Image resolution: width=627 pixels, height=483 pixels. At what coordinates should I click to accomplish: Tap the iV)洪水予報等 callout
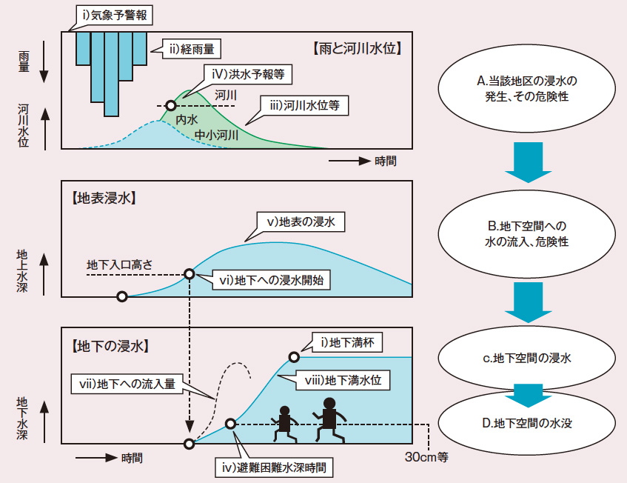tap(247, 74)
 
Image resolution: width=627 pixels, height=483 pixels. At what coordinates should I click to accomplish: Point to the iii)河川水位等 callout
tap(304, 105)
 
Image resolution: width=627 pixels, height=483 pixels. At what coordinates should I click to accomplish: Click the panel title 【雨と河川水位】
tap(356, 50)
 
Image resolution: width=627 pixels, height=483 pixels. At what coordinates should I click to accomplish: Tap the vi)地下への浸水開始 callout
tap(272, 280)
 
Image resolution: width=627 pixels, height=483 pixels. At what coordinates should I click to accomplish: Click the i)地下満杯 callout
tap(346, 342)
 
